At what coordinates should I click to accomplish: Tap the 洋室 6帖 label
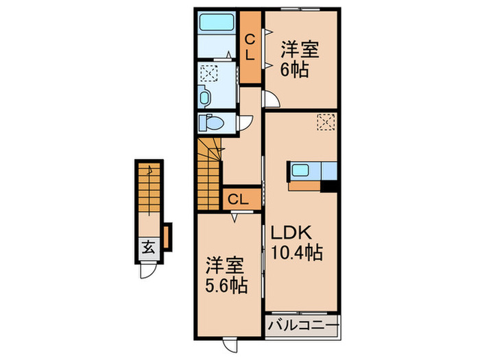click(x=297, y=59)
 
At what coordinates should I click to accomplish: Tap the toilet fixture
click(x=210, y=123)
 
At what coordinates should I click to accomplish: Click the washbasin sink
click(x=206, y=97)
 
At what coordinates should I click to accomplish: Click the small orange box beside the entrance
click(x=167, y=235)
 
